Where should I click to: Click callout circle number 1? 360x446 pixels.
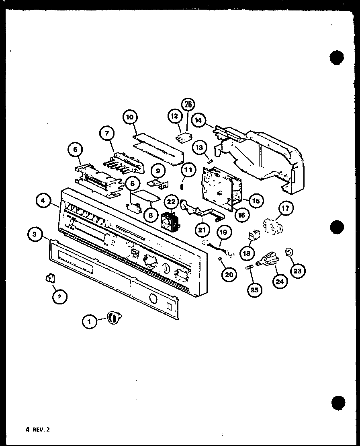tap(89, 321)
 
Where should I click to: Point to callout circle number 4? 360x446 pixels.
tap(44, 201)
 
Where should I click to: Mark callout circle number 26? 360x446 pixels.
tap(188, 105)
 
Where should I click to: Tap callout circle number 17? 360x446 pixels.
tap(286, 209)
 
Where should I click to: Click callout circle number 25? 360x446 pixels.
tap(255, 289)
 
